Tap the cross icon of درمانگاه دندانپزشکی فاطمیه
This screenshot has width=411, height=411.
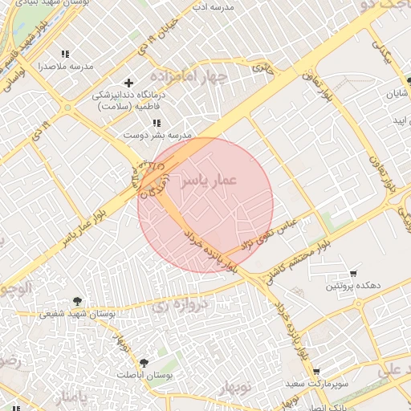[x=128, y=83]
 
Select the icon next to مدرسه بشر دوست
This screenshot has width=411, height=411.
[x=157, y=123]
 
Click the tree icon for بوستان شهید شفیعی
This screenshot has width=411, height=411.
[x=77, y=301]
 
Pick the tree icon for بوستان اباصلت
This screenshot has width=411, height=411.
[x=144, y=363]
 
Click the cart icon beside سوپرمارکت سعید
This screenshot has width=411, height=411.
[x=317, y=372]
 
